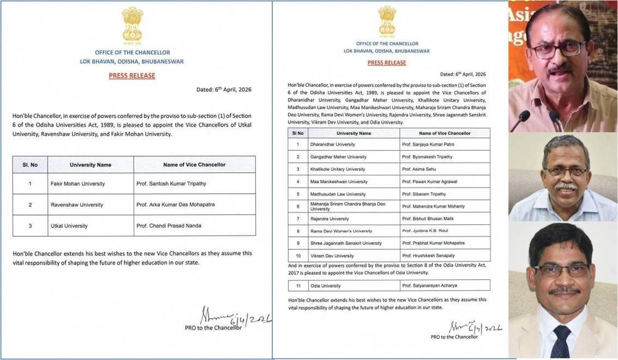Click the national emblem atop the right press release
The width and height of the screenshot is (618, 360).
[387, 21]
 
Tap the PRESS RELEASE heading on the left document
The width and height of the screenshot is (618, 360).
[132, 76]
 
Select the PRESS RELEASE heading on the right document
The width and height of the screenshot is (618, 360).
[387, 63]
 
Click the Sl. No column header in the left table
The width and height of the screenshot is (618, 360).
[30, 165]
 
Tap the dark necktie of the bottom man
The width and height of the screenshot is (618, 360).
[561, 341]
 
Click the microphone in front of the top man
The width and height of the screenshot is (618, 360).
[521, 118]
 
